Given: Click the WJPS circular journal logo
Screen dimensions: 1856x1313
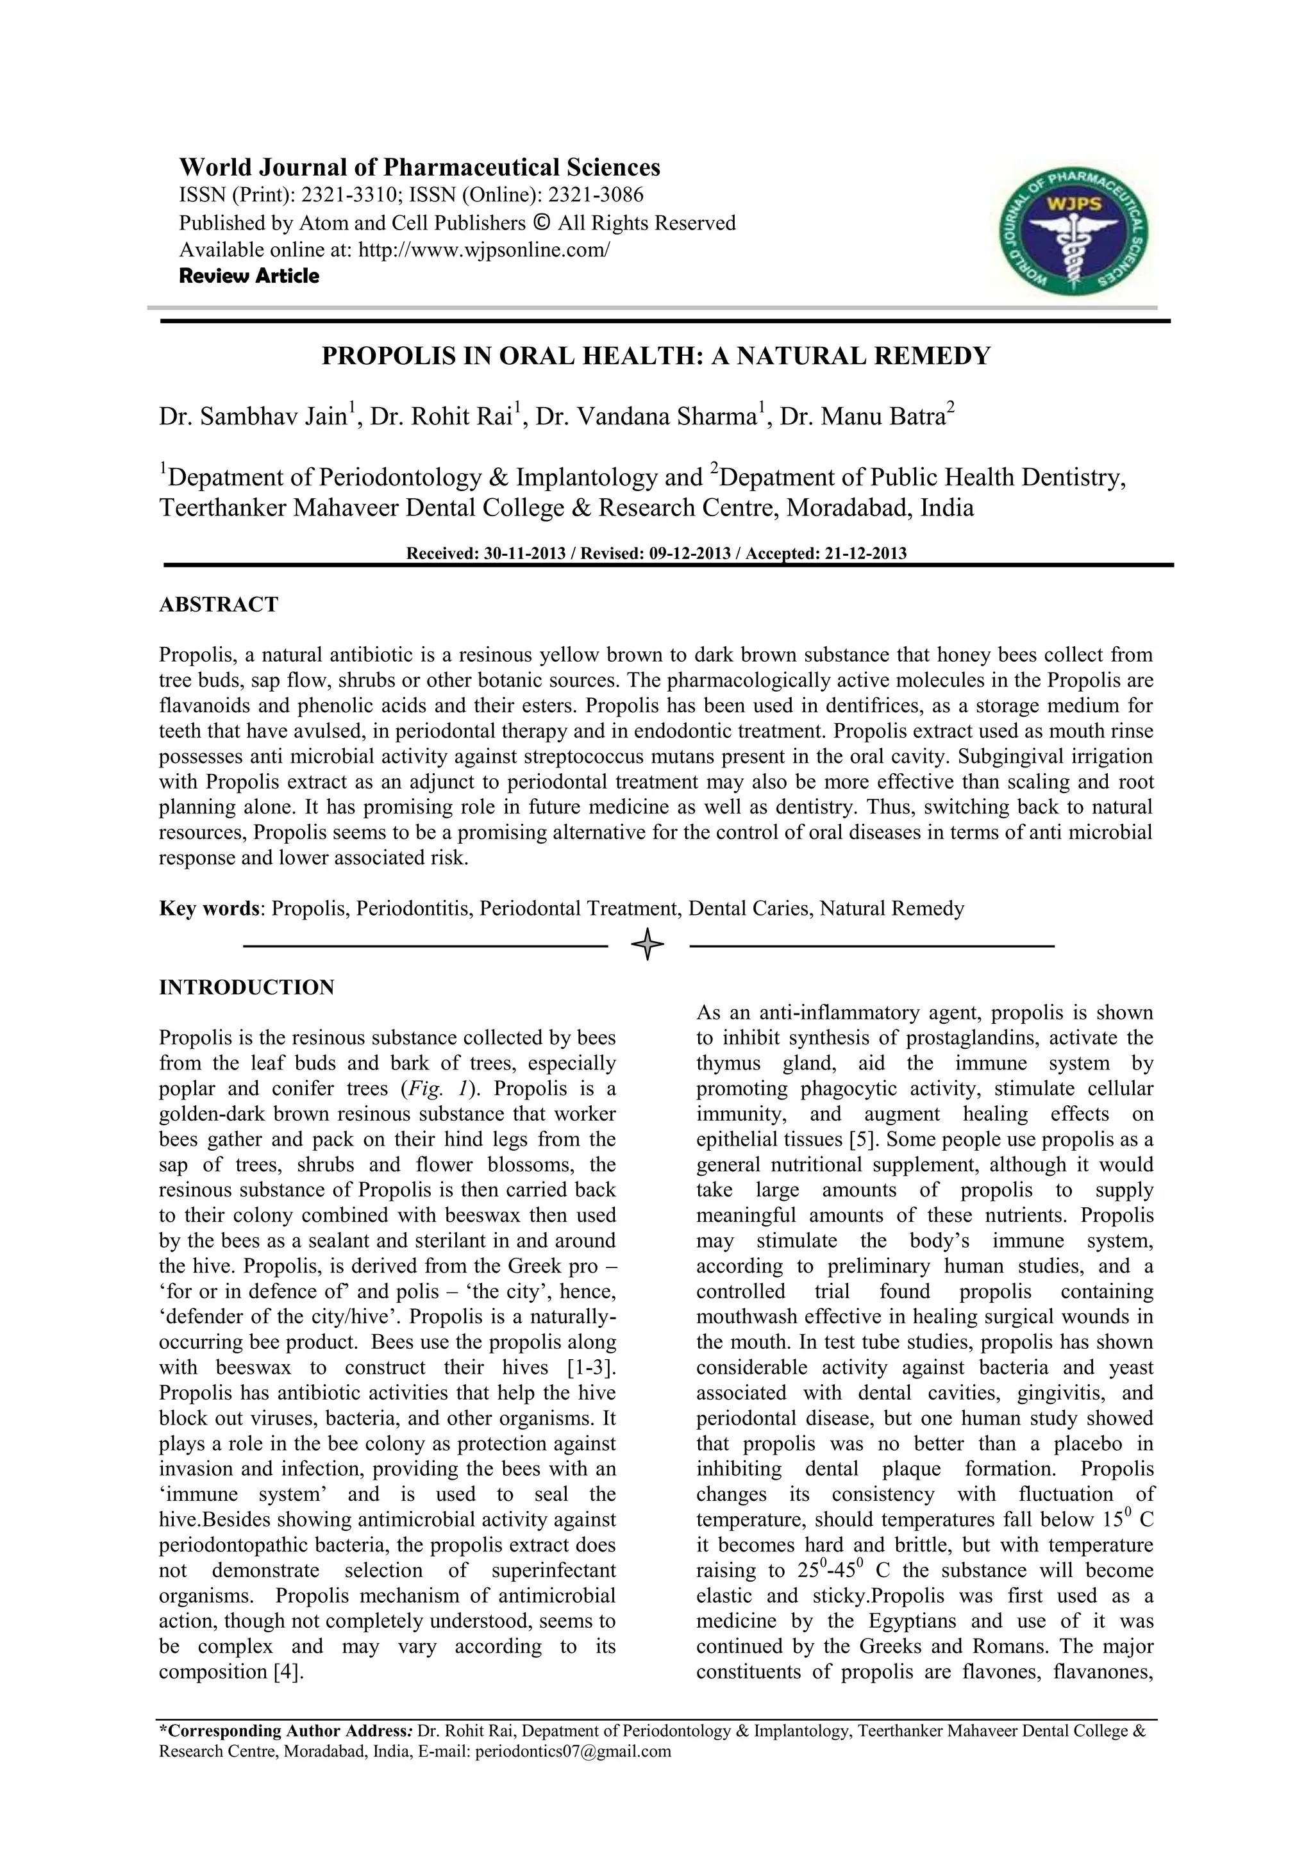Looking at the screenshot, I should [1073, 230].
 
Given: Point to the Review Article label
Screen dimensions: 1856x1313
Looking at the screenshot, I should [249, 276].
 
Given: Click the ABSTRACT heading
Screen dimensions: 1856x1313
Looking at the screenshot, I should [218, 605].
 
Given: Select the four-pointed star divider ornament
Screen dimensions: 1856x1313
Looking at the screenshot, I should [648, 944].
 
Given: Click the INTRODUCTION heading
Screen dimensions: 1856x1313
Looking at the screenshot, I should [247, 988].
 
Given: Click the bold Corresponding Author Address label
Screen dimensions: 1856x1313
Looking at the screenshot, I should [286, 1732].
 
